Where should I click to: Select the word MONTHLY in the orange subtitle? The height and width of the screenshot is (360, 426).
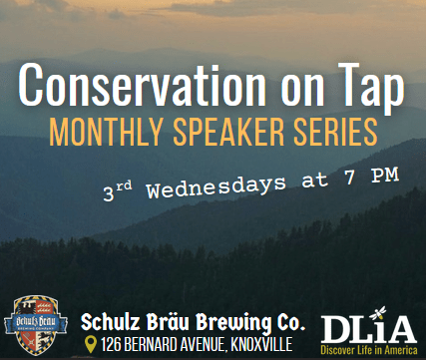106,132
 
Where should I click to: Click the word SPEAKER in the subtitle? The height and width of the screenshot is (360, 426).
228,132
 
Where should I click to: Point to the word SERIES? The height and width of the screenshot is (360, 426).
335,132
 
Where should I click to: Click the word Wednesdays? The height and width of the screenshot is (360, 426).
216,187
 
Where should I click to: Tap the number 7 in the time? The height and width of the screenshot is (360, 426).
350,178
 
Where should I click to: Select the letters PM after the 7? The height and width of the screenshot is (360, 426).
385,176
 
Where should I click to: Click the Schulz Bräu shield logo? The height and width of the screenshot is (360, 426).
36,325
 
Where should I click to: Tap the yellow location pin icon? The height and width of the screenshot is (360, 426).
91,344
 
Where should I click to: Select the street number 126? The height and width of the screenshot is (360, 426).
111,345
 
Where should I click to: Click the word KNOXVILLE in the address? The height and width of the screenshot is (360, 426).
261,345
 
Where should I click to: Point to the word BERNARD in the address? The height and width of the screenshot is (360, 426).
151,345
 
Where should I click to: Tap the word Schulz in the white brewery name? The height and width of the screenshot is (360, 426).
111,322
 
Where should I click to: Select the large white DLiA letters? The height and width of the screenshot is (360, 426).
369,329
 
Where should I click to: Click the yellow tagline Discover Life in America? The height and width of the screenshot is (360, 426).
369,350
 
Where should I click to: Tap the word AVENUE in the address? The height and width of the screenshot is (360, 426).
204,345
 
